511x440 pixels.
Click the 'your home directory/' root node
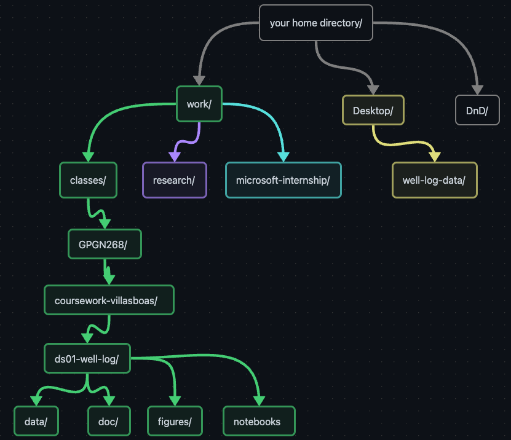(315, 23)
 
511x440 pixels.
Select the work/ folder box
(199, 104)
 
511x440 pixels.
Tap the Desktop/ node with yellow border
(373, 111)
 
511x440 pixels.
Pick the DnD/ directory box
(477, 111)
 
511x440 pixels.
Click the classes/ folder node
(88, 180)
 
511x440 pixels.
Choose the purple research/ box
(174, 180)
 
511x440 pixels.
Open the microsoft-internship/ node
(283, 180)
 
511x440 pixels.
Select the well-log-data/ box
(434, 180)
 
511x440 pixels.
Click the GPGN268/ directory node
(105, 245)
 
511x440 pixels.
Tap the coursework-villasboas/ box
(109, 300)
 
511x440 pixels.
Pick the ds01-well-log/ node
(87, 358)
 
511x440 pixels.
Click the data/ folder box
(36, 422)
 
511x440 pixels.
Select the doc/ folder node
(108, 422)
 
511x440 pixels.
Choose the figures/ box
(175, 422)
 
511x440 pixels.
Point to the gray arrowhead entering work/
(199, 80)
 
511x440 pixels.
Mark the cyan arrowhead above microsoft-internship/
(283, 157)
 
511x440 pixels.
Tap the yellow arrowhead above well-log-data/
(434, 157)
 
